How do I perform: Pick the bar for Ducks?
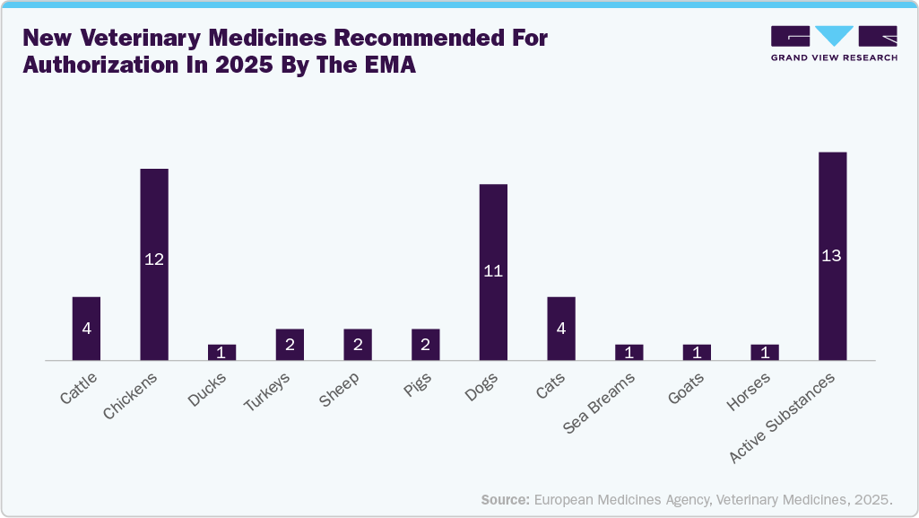click(x=221, y=352)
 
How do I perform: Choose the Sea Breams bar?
click(x=629, y=352)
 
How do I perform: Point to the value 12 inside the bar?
click(x=154, y=259)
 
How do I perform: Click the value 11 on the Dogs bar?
click(x=493, y=270)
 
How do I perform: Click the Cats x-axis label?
click(x=551, y=386)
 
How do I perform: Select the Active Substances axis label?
click(x=784, y=417)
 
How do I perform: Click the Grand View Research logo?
click(x=833, y=44)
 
